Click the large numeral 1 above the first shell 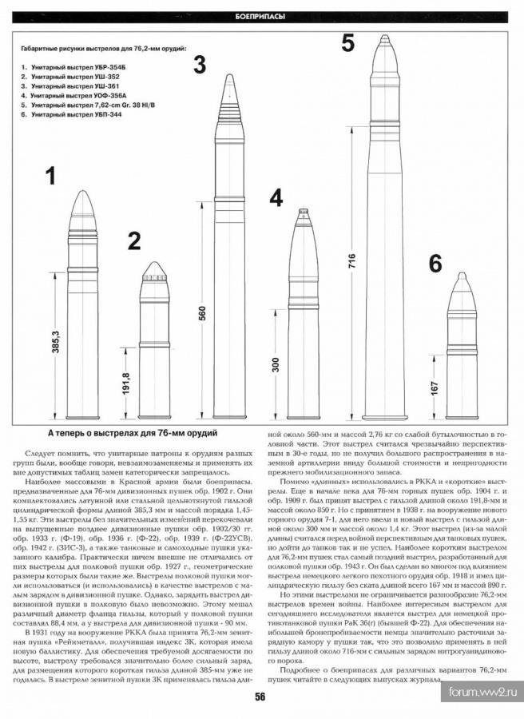click(50, 177)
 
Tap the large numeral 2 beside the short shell click(133, 240)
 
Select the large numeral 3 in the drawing click(200, 64)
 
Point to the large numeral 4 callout click(276, 199)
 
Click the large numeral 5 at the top click(347, 43)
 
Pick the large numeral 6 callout click(435, 264)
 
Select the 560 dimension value click(202, 313)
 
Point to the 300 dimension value click(276, 364)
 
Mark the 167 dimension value click(435, 388)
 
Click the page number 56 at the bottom click(260, 697)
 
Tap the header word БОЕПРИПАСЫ click(261, 17)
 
